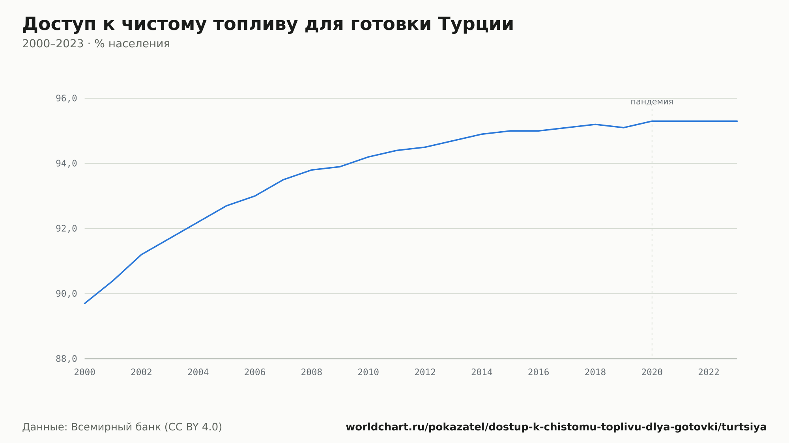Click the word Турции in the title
476,24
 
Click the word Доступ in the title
59,24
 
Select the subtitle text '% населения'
132,44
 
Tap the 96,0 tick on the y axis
66,99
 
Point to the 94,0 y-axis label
66,164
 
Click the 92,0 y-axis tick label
66,229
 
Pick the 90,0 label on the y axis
66,294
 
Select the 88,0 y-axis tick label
66,359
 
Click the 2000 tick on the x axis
85,372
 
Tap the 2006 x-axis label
255,372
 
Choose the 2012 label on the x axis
425,372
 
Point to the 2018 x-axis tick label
595,372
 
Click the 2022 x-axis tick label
709,372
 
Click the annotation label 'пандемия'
652,102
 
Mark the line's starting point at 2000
85,303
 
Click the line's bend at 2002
141,255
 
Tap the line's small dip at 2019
624,128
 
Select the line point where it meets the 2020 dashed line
652,121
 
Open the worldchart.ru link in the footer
556,427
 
